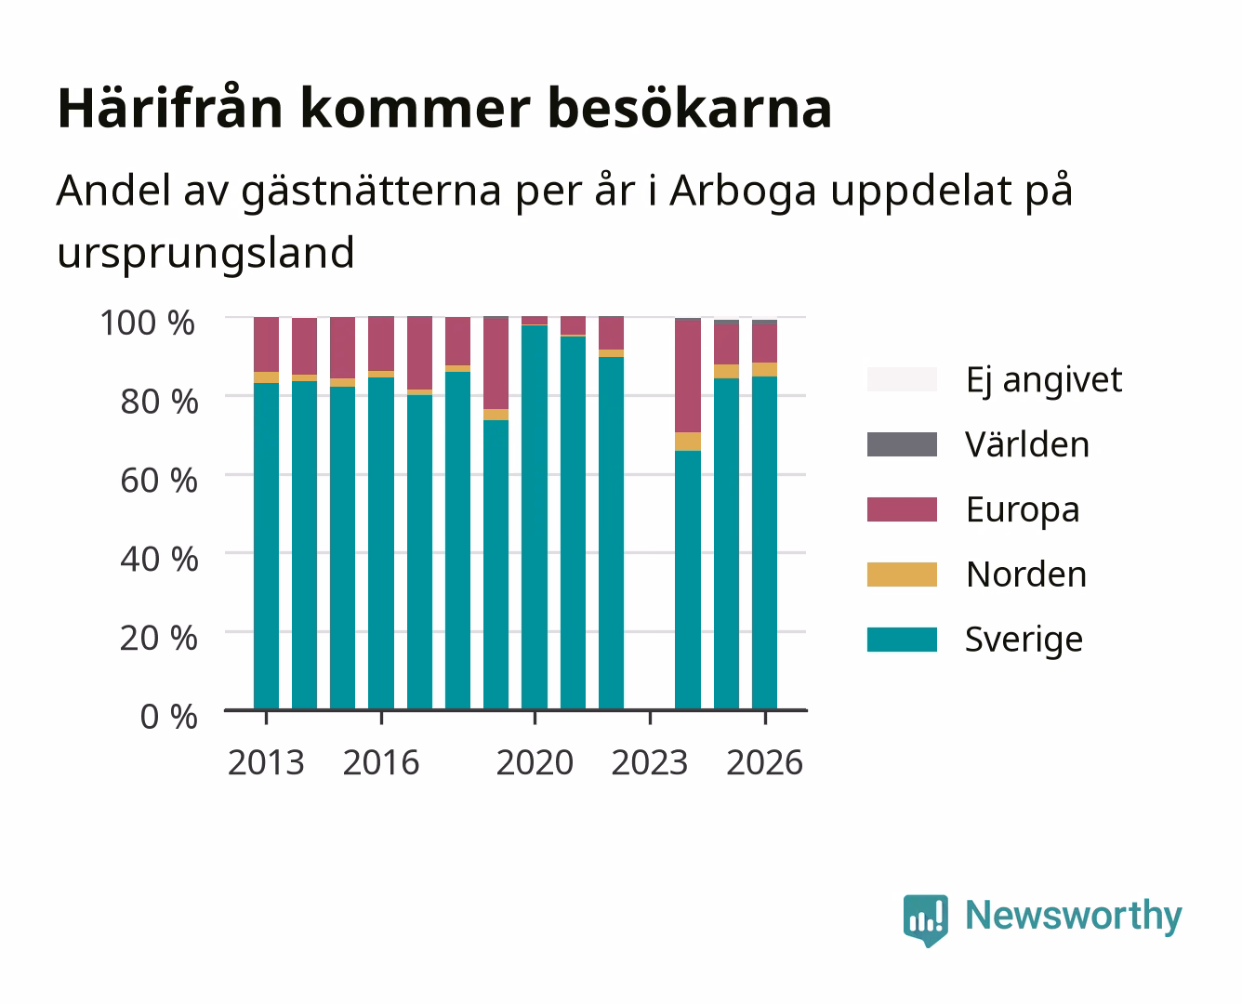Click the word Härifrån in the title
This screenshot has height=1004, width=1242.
[x=170, y=108]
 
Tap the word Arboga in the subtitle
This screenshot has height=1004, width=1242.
[x=743, y=190]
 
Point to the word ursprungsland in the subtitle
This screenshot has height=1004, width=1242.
[x=205, y=253]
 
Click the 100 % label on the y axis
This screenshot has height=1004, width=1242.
[x=147, y=323]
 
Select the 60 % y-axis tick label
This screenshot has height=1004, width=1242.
[x=159, y=481]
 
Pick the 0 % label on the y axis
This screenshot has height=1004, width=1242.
[x=168, y=717]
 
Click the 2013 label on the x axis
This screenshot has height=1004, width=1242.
[x=266, y=762]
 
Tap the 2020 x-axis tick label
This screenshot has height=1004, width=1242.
[x=535, y=762]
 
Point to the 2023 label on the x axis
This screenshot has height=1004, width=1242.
[x=650, y=762]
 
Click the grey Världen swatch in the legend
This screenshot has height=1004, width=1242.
[x=902, y=444]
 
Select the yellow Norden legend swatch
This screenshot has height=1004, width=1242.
[x=902, y=575]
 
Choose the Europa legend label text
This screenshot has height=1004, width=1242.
[x=1023, y=510]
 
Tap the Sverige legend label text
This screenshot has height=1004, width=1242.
[x=1024, y=641]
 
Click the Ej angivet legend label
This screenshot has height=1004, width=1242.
[x=1044, y=380]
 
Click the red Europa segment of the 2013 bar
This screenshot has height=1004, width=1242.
[x=266, y=345]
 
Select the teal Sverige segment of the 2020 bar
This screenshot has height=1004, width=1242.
[x=535, y=517]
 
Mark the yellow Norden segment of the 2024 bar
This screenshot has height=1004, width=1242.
[x=688, y=442]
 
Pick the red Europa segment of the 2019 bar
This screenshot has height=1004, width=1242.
[x=496, y=364]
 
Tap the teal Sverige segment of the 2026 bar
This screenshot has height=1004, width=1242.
[x=764, y=543]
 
